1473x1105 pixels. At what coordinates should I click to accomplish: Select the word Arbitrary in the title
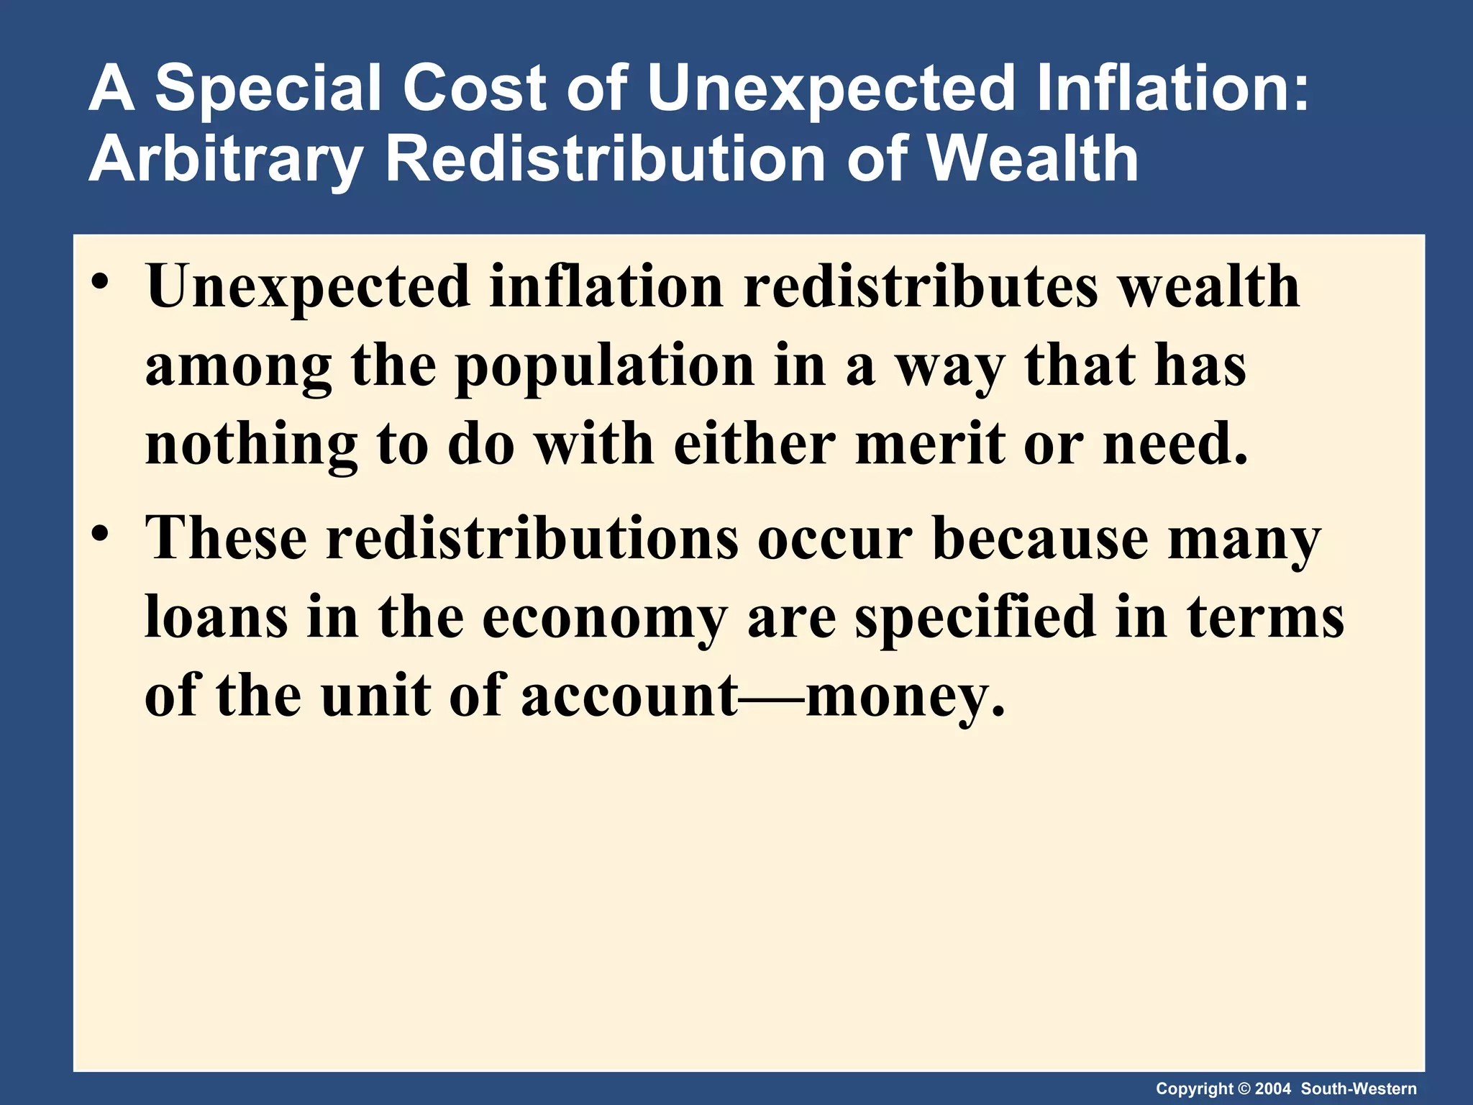click(x=224, y=160)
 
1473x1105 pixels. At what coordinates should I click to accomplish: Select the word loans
click(x=216, y=617)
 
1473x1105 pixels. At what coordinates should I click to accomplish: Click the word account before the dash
click(x=630, y=696)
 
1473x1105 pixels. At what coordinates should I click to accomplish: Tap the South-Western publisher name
click(x=1359, y=1088)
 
